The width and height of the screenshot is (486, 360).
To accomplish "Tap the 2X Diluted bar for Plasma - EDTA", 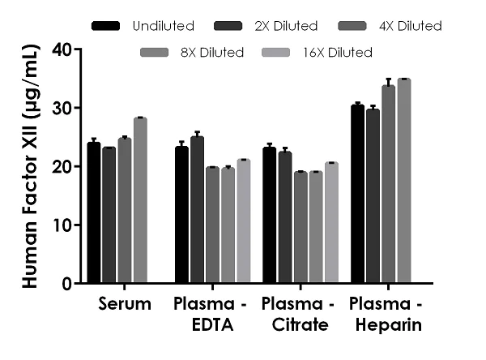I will point(197,210).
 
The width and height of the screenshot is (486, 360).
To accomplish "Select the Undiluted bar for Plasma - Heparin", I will point(357,195).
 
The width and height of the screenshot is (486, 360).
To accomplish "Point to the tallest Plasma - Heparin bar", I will point(403,182).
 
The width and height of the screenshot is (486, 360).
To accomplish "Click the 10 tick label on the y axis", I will point(62,225).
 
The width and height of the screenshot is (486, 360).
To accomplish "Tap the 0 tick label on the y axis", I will point(66,284).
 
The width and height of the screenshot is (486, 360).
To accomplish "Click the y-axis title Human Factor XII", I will point(29,166).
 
